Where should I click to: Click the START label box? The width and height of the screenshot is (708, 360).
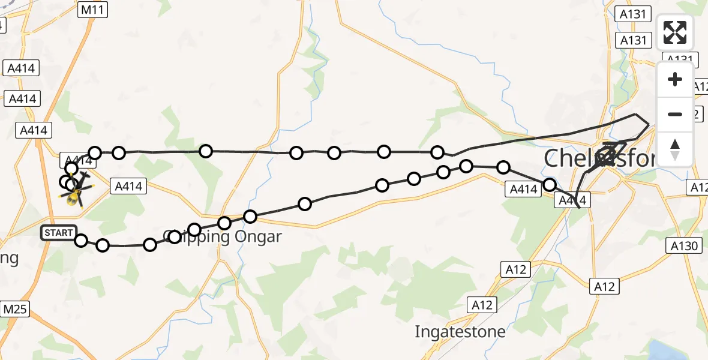(58, 233)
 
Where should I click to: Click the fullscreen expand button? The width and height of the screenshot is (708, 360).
(675, 32)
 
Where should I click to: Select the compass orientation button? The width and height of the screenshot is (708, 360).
(675, 149)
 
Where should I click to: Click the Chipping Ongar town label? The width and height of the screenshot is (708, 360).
(223, 237)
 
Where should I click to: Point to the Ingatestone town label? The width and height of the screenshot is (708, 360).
(460, 331)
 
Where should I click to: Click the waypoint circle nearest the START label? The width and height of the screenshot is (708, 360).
(81, 241)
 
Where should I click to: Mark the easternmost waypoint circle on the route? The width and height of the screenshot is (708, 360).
(550, 185)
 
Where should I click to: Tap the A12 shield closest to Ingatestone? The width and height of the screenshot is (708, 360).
(482, 305)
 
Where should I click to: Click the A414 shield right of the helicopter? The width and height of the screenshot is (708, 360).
(128, 187)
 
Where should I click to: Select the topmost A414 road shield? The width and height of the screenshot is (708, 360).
(20, 68)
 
